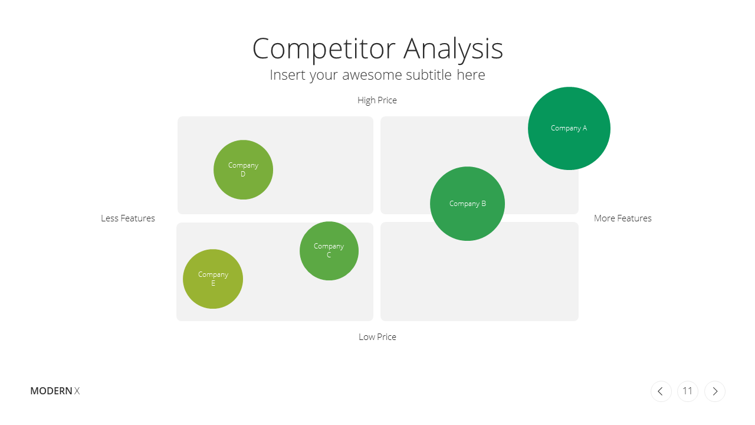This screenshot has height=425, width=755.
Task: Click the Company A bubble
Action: click(x=569, y=128)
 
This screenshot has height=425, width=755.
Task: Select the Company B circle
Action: click(x=467, y=204)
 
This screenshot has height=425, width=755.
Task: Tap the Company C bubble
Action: click(x=329, y=251)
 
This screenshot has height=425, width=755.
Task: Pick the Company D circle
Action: click(x=243, y=169)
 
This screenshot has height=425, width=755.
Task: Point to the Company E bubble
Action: click(x=213, y=279)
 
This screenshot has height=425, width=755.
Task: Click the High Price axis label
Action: click(x=377, y=100)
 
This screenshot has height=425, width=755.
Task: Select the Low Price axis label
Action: click(x=377, y=336)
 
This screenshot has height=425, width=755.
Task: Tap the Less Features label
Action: click(x=128, y=218)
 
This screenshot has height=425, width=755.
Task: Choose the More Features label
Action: click(x=622, y=218)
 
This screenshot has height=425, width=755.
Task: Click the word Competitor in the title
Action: click(x=324, y=49)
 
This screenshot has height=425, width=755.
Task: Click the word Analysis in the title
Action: click(x=454, y=49)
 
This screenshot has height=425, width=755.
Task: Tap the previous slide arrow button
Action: click(x=661, y=391)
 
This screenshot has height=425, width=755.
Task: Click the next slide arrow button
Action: click(x=715, y=391)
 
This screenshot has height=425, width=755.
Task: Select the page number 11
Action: click(x=688, y=391)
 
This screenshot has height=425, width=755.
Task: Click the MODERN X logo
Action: click(x=55, y=391)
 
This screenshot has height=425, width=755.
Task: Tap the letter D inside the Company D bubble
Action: click(x=243, y=174)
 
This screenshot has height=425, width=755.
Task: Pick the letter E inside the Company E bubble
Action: click(x=213, y=283)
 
